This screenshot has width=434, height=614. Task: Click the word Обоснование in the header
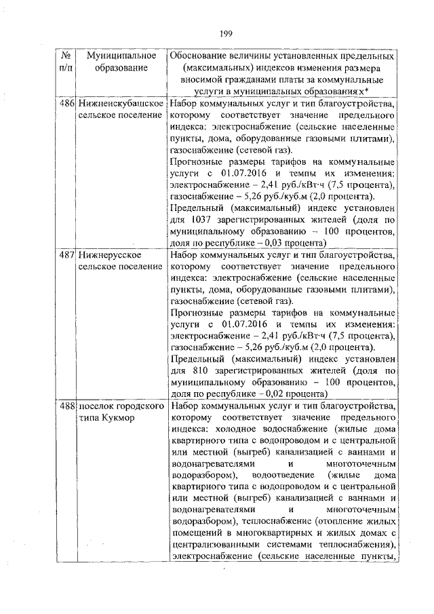[201, 55]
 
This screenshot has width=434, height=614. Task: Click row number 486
[66, 104]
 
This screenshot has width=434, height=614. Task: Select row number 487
[66, 254]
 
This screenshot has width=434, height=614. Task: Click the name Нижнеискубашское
[121, 104]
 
